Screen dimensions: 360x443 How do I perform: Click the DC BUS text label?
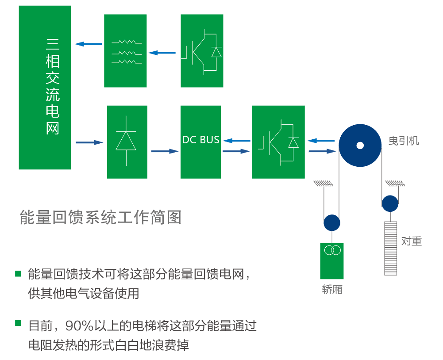click(200, 140)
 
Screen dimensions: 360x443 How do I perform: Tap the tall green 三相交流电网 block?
click(45, 87)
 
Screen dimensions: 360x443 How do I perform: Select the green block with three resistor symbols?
click(125, 51)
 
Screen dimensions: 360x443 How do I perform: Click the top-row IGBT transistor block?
click(202, 51)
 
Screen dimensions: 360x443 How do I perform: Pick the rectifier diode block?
click(127, 142)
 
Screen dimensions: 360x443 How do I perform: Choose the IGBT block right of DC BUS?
click(278, 142)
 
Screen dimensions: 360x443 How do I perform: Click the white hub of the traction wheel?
click(360, 145)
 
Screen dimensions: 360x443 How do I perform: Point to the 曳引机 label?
click(404, 141)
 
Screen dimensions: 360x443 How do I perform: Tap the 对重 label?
click(412, 241)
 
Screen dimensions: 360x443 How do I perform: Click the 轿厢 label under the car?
click(332, 290)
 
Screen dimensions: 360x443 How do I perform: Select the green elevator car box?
click(332, 260)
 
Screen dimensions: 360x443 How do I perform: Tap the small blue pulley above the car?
click(332, 223)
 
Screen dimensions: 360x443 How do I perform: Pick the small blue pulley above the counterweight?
click(390, 203)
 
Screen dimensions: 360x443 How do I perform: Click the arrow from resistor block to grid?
click(89, 44)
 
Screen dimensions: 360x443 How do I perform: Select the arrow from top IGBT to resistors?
click(162, 53)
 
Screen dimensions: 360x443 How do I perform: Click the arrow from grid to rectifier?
click(89, 142)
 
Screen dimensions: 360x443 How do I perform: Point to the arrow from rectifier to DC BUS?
click(164, 151)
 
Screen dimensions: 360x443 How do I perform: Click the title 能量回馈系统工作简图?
click(101, 217)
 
